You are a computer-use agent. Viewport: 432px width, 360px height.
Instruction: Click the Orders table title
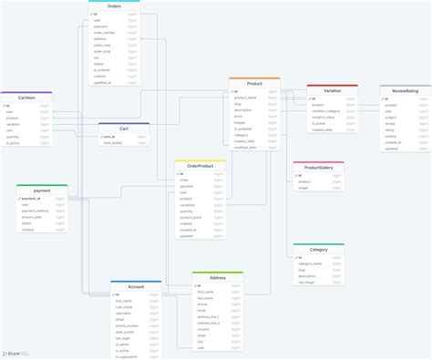coord(114,5)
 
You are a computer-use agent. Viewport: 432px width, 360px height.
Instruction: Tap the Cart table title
coord(124,129)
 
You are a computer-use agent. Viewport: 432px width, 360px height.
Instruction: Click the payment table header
coord(41,190)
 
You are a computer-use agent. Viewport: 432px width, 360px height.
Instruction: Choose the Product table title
coord(254,83)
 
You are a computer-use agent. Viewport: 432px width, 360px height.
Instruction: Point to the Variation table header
coord(332,90)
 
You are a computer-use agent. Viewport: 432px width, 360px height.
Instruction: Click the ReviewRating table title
coord(406,91)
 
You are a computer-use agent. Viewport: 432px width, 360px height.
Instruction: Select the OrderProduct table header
coord(201,165)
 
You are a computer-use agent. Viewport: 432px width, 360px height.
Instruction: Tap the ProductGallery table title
coord(318,168)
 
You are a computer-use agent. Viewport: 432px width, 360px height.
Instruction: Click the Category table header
coord(318,249)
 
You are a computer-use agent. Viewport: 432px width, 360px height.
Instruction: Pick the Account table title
coord(136,286)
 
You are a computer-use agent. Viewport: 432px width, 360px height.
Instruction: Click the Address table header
coord(218,277)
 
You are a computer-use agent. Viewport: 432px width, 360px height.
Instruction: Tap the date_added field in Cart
coord(114,143)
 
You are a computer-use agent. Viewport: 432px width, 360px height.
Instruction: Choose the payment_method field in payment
coord(36,211)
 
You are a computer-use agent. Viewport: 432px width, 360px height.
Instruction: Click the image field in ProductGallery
coord(303,188)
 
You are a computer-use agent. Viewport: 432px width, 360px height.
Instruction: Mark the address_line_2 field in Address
coord(210,322)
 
